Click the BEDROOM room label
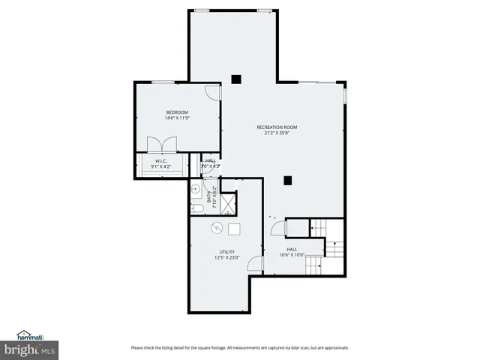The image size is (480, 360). pyautogui.click(x=177, y=112)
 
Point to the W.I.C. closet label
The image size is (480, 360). pyautogui.click(x=160, y=160)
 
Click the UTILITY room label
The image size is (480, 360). pyautogui.click(x=226, y=251)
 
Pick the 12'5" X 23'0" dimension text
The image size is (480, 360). pyautogui.click(x=226, y=258)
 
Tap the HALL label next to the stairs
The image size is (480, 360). pyautogui.click(x=292, y=249)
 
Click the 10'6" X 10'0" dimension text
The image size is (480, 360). pyautogui.click(x=292, y=255)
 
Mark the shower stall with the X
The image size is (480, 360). pyautogui.click(x=226, y=202)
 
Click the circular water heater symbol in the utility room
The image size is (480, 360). pyautogui.click(x=215, y=229)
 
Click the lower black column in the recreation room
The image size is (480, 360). pyautogui.click(x=287, y=180)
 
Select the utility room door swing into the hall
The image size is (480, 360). pyautogui.click(x=255, y=263)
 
